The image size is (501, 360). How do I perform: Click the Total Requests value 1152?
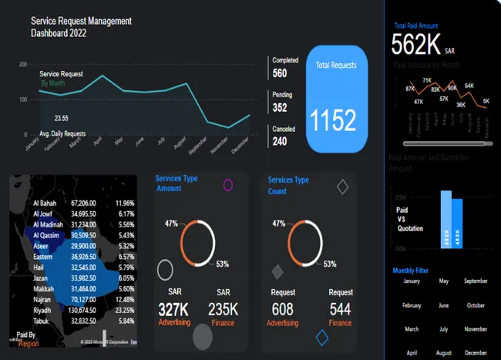point(334,121)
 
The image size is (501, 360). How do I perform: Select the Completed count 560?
point(280,74)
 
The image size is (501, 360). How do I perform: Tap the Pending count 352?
point(280,108)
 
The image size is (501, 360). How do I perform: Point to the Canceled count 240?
point(280,142)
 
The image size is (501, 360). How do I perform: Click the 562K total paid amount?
point(416,45)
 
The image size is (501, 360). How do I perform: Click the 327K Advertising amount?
point(173,308)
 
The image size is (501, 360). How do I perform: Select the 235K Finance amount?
point(224,308)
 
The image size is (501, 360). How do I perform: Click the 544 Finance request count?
point(340,308)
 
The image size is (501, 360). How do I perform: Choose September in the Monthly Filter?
point(476,281)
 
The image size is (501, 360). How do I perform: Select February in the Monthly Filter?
point(412,305)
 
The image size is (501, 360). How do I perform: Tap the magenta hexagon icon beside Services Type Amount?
point(228,184)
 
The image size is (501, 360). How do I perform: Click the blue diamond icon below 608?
point(322,336)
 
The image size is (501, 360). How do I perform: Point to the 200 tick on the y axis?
point(22,65)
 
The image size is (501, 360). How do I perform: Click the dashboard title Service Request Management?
point(81,22)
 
